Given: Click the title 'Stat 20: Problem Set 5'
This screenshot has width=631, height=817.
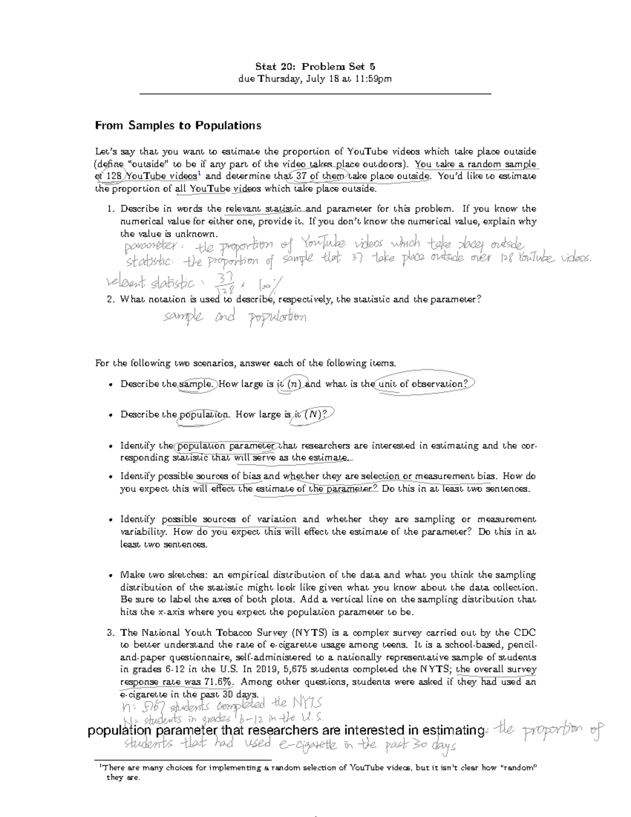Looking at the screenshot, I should tap(315, 66).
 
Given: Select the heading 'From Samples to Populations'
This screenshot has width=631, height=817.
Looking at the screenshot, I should tap(178, 126).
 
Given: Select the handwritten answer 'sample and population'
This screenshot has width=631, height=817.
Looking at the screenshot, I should tap(235, 317).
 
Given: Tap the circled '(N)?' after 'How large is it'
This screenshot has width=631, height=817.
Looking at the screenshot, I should tap(316, 415).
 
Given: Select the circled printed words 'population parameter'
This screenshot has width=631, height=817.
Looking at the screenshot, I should tap(226, 446).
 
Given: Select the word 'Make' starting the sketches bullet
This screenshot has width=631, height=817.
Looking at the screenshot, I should tap(131, 575).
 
